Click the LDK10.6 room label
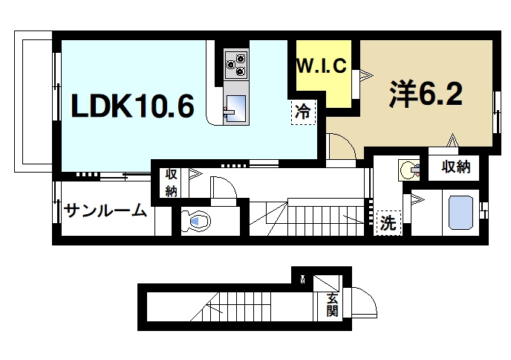(133, 107)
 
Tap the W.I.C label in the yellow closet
(322, 65)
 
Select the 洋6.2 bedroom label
(426, 94)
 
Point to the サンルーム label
(105, 210)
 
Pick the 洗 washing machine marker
(387, 221)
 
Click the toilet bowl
(198, 220)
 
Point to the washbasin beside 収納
(407, 169)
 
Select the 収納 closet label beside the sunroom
(171, 182)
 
